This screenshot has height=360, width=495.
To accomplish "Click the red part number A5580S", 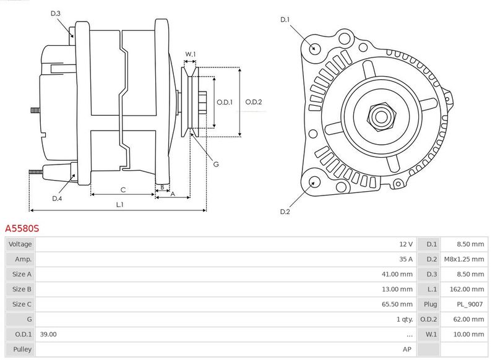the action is [22, 228].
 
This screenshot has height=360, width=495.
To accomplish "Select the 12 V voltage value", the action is [406, 244].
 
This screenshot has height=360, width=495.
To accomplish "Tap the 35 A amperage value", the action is [406, 259].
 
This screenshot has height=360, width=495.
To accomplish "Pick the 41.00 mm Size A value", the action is [397, 274].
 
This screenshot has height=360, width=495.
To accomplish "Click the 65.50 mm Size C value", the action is [397, 304].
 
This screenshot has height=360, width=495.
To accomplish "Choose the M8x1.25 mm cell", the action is [464, 259].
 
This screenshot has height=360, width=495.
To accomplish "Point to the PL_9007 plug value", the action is [470, 304].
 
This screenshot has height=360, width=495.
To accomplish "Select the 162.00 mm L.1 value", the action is [467, 289].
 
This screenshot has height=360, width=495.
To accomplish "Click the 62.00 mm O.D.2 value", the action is [468, 319].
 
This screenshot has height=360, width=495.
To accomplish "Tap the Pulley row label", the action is [22, 349].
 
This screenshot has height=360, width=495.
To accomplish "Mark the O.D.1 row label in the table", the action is [24, 334].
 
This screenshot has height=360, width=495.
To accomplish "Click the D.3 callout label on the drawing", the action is [56, 13].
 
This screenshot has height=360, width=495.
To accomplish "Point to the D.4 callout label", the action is [57, 199].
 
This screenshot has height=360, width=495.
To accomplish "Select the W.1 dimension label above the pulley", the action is [191, 54].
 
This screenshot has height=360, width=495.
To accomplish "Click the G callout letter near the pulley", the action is [216, 164].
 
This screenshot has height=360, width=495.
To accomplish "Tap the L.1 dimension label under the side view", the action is [119, 205].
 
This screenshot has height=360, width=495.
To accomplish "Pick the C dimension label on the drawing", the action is [123, 190].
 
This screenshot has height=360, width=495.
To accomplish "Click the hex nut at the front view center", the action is [381, 117].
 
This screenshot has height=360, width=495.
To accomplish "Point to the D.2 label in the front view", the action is [285, 212].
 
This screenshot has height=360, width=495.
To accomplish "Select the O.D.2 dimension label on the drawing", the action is [254, 102].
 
